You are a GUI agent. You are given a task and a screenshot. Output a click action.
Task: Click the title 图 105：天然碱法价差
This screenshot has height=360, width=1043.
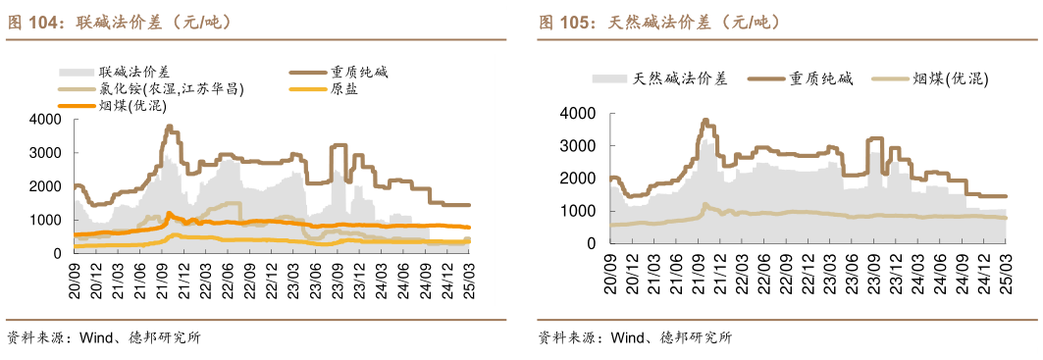pyautogui.click(x=658, y=22)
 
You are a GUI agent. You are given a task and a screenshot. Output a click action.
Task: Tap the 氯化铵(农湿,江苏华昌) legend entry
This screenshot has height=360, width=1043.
pyautogui.click(x=171, y=88)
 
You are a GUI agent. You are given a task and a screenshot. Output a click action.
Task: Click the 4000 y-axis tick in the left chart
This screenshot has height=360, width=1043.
pyautogui.click(x=45, y=120)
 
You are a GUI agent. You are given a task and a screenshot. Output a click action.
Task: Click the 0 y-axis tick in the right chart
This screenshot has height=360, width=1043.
pyautogui.click(x=593, y=243)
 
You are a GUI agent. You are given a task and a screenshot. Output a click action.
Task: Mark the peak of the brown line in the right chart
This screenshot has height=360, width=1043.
pyautogui.click(x=705, y=121)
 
